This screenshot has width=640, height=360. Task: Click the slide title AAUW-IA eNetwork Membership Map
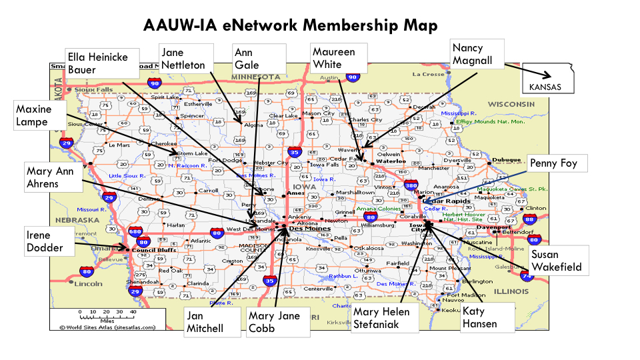pos(291,25)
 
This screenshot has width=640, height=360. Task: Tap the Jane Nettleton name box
pos(186,59)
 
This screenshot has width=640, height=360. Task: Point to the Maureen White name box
pos(339,59)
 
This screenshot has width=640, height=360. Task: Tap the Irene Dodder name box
pos(47,242)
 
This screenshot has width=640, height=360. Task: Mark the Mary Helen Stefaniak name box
pos(385,318)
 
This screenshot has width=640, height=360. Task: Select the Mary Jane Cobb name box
pos(278,322)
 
